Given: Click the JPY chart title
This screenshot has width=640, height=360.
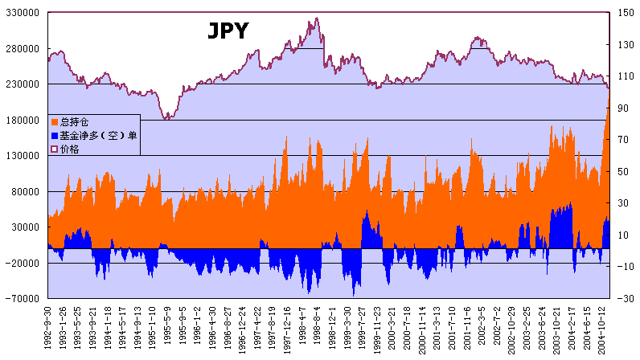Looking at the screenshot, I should (x=228, y=31).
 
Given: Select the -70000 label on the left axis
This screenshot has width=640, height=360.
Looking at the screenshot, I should (x=23, y=299).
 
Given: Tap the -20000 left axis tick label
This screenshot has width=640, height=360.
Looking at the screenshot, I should (x=23, y=263).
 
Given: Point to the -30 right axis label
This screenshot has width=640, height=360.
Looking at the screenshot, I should (x=622, y=299).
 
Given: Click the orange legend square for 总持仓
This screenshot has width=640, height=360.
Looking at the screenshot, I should (x=55, y=122).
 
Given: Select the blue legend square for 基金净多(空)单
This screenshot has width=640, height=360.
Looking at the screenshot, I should (x=55, y=136).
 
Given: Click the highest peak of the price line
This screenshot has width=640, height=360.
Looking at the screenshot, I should (x=317, y=18).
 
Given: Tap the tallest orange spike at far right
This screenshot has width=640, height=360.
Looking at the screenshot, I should (x=608, y=101).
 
